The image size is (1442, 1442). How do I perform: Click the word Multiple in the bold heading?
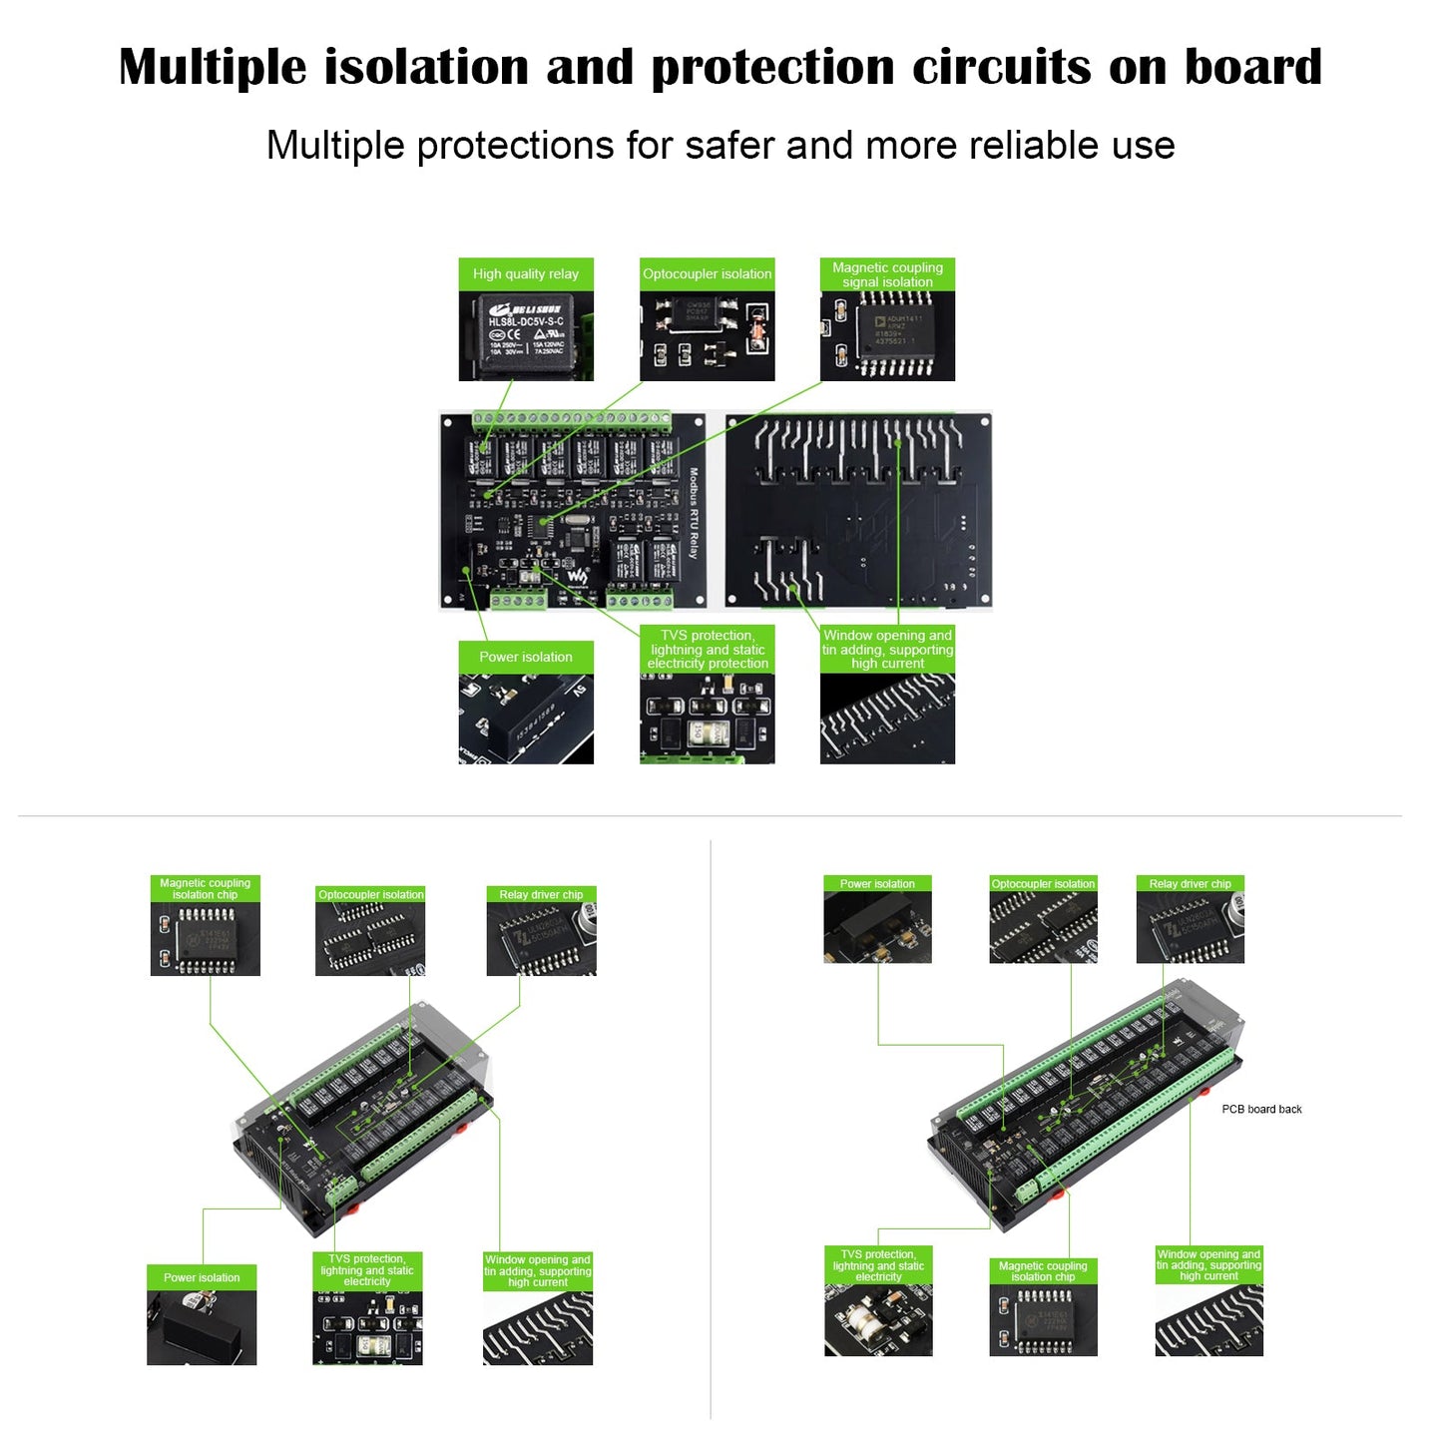(213, 68)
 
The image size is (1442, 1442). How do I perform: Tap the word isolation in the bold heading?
(426, 68)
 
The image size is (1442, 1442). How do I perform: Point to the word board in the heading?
(1252, 68)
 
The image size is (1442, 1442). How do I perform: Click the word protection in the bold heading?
(773, 68)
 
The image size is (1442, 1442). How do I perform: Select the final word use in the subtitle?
(1147, 146)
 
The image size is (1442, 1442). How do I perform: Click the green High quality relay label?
(526, 274)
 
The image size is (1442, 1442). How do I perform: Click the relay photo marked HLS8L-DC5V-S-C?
(526, 336)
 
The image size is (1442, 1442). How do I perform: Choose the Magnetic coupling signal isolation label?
(887, 274)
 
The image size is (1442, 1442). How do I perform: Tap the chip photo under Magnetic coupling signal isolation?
(887, 336)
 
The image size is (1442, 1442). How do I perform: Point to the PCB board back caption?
(1261, 1109)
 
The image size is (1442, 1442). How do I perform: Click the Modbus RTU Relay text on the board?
(694, 513)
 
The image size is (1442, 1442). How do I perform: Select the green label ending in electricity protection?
(708, 649)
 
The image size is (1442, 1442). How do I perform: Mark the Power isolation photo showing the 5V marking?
(526, 719)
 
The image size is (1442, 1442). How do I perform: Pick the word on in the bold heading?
(1138, 68)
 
